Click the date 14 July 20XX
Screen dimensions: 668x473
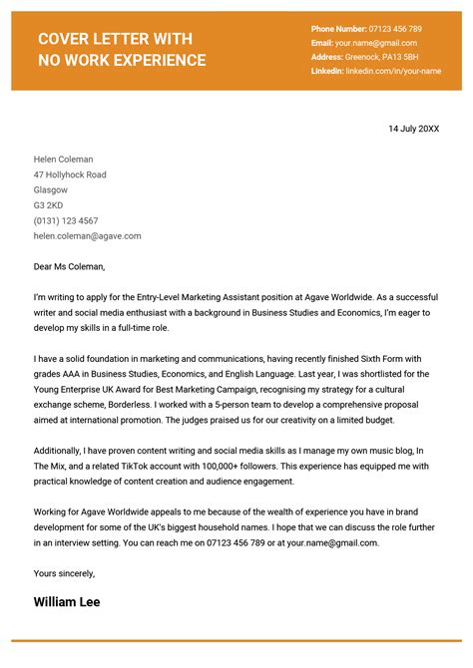pos(413,129)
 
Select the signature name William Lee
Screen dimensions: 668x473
pos(67,601)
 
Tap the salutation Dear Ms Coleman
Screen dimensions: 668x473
pos(69,266)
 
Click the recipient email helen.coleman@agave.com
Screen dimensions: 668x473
pos(87,236)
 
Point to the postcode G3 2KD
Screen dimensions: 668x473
pos(49,205)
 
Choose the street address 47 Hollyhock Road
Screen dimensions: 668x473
pos(70,174)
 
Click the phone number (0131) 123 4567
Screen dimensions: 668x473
pos(66,220)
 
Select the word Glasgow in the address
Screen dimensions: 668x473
pos(51,189)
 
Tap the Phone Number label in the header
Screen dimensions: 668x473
pos(338,29)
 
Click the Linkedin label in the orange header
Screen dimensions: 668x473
pos(326,72)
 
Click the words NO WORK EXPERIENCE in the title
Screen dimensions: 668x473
pos(122,61)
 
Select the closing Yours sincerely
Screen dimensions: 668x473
pos(64,573)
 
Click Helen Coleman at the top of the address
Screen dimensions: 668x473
pos(63,160)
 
